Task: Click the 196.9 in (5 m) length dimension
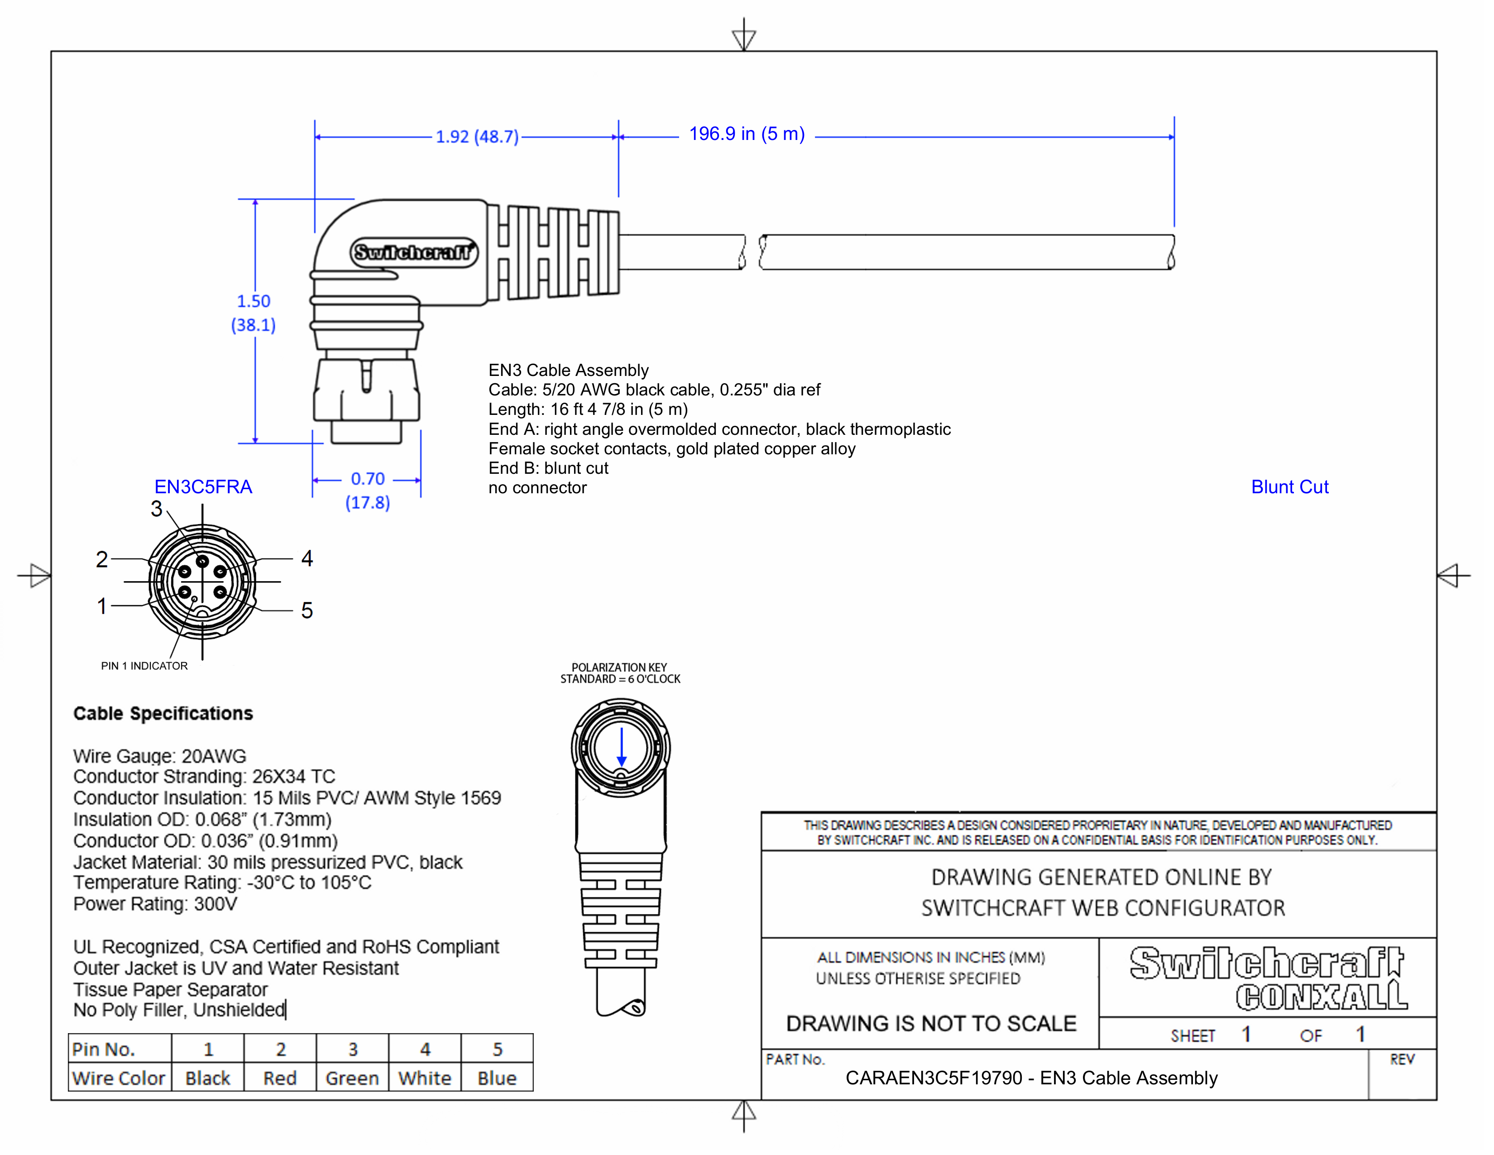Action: (x=746, y=134)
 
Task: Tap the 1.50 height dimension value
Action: (x=254, y=302)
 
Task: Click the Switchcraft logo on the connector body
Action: (x=414, y=252)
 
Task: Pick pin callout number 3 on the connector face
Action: (x=157, y=508)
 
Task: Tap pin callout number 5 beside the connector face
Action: (x=307, y=611)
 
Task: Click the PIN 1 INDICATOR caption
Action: (x=144, y=666)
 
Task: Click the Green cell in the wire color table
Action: (x=352, y=1078)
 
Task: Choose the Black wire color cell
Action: (x=208, y=1078)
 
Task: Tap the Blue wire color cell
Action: (x=497, y=1078)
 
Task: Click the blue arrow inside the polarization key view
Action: (x=621, y=747)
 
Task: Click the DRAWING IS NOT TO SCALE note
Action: (x=931, y=1024)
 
